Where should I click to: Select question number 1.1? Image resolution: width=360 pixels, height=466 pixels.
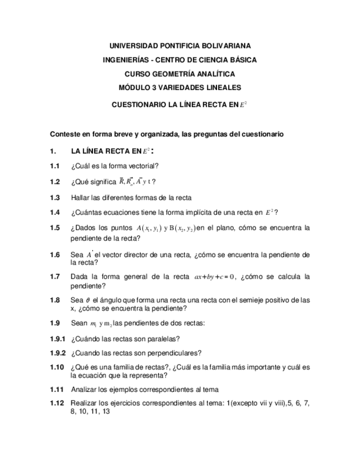54,166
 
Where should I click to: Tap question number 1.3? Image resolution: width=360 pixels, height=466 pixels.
54,197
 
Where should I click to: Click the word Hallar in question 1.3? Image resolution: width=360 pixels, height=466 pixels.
80,197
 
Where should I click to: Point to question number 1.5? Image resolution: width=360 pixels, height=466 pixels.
54,228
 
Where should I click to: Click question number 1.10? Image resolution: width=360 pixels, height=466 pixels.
57,367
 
